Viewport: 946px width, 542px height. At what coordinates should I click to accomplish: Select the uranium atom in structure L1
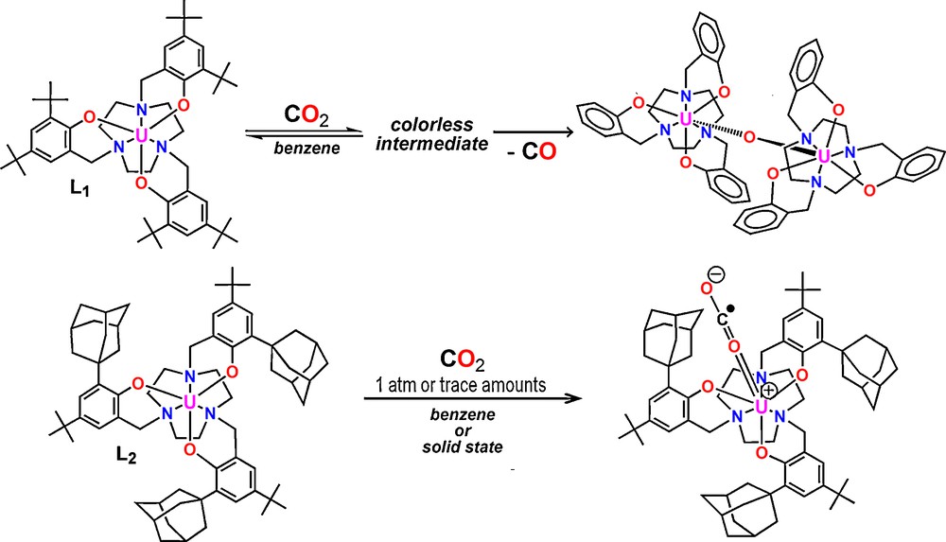tap(143, 136)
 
